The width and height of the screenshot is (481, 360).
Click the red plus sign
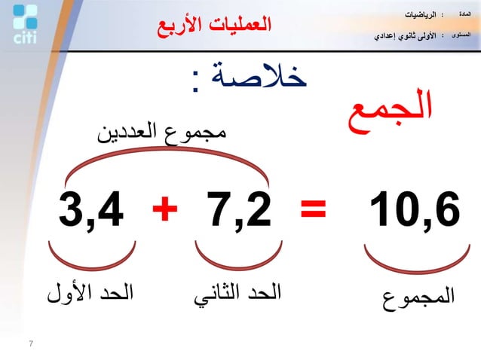164,211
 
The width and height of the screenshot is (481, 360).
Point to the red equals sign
314,211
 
